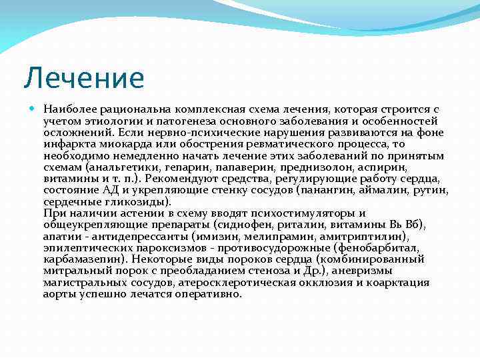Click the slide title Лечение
pos(83,77)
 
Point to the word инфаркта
pos(65,144)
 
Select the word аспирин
pos(381,167)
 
